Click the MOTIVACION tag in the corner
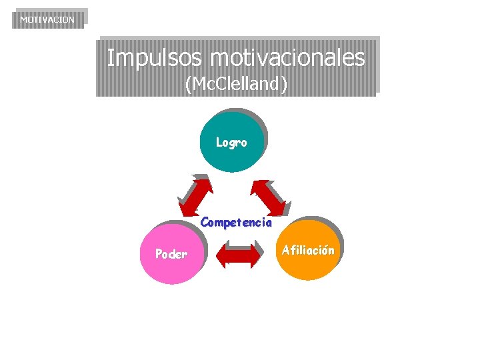tap(47, 19)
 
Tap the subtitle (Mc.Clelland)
tap(236, 85)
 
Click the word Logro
tap(231, 143)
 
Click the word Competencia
tap(236, 223)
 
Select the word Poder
tap(171, 253)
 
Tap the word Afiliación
tap(307, 251)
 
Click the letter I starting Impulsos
tap(111, 57)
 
